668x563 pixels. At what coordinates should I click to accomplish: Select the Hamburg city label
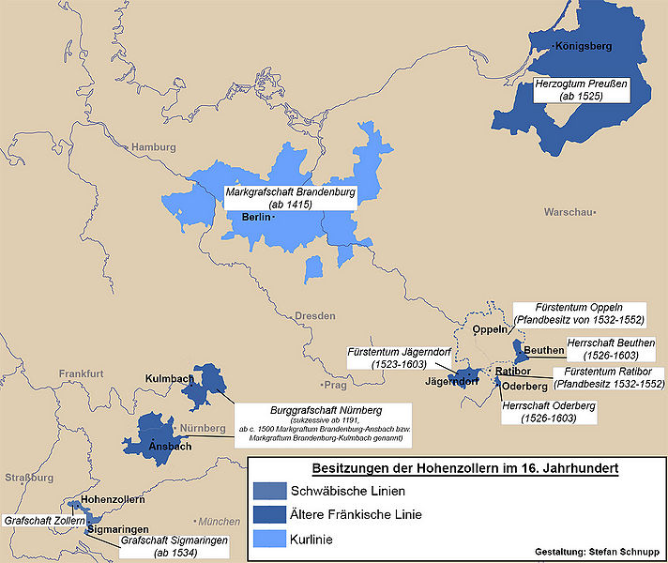pos(153,147)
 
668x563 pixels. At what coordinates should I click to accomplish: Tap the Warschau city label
pos(569,212)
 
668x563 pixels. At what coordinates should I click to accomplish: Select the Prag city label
pos(333,385)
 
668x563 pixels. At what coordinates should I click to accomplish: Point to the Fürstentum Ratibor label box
pos(609,378)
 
